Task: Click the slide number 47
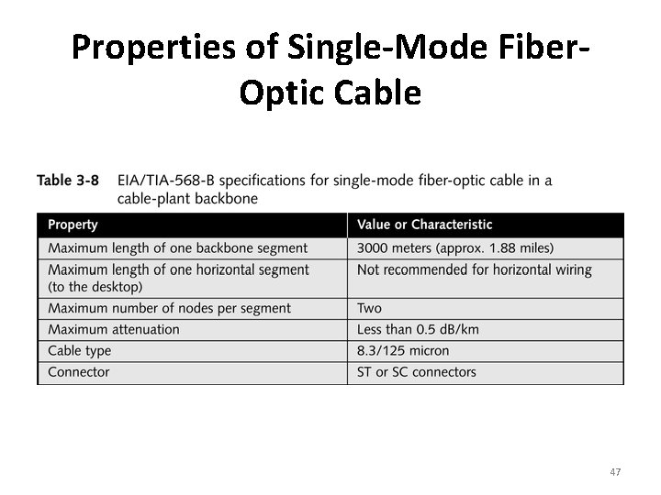(615, 472)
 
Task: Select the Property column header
(73, 225)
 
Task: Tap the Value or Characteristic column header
(424, 225)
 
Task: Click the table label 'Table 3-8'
(68, 181)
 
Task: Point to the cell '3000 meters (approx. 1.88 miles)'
(455, 248)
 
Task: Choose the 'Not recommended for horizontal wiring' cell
(474, 270)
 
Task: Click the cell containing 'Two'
(369, 309)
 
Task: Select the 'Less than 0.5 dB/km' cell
(418, 330)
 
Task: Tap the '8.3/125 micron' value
(403, 351)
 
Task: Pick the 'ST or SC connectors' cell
(416, 372)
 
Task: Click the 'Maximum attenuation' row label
(114, 330)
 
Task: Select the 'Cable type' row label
(80, 351)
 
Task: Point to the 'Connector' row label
(79, 372)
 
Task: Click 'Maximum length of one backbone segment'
(178, 248)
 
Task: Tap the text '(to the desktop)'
(96, 287)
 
